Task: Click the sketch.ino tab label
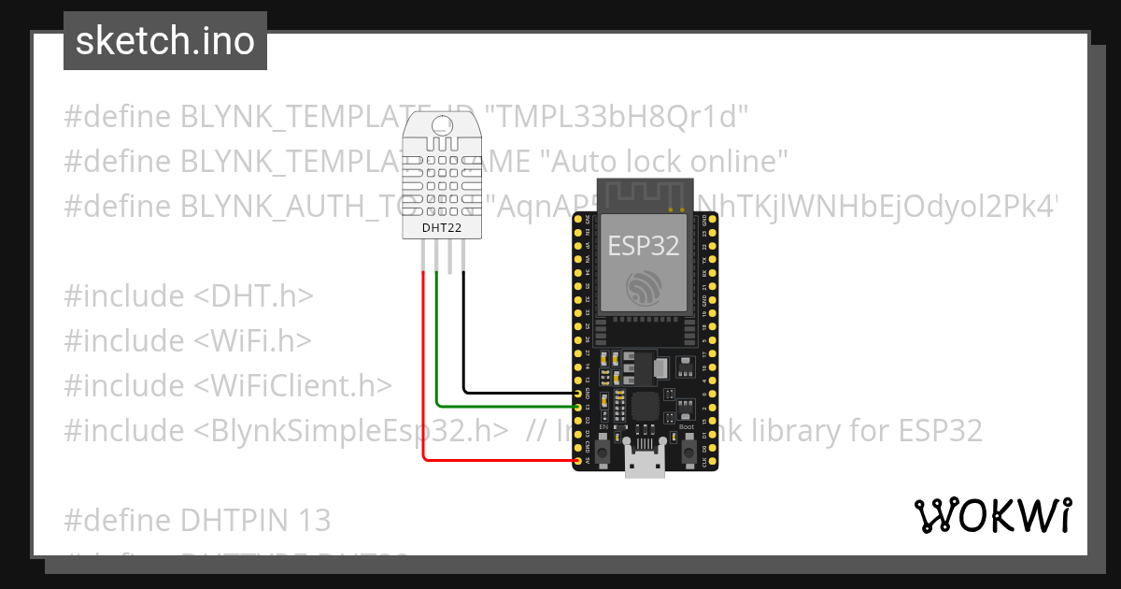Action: pyautogui.click(x=165, y=41)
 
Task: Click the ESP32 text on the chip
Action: pyautogui.click(x=643, y=245)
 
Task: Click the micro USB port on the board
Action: pyautogui.click(x=646, y=464)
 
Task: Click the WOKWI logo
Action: pyautogui.click(x=992, y=515)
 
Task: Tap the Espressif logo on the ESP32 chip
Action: pyautogui.click(x=644, y=287)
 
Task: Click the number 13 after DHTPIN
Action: pyautogui.click(x=314, y=520)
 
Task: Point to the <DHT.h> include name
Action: pyautogui.click(x=253, y=295)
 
